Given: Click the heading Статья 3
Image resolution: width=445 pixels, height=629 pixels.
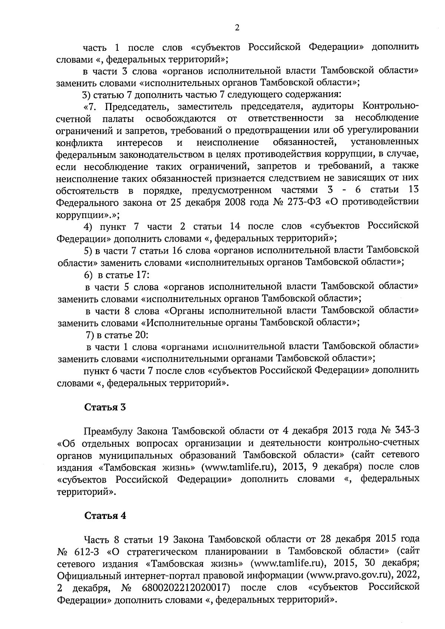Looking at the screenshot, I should coord(105,407).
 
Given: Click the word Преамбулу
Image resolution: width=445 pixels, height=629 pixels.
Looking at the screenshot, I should coord(108,431).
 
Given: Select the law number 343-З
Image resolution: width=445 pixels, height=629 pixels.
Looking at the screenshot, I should coord(404,431).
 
